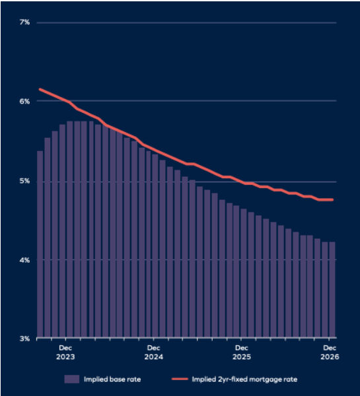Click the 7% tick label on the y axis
pos(24,23)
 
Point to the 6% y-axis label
pos(24,102)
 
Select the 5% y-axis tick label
pos(24,181)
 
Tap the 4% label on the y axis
pos(24,260)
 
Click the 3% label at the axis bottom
pos(24,339)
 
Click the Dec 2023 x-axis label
pos(65,352)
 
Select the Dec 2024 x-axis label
pos(153,352)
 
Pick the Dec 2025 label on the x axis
pos(242,352)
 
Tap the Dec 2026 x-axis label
pos(330,352)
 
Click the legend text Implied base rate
pos(112,379)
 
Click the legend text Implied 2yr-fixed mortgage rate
pos(245,379)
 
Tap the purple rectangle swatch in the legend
pos(72,379)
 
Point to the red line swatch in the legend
pos(181,379)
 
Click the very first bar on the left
pos(40,244)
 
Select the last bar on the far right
pos(332,290)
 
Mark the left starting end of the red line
pos(40,89)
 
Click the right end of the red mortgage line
pos(333,199)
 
